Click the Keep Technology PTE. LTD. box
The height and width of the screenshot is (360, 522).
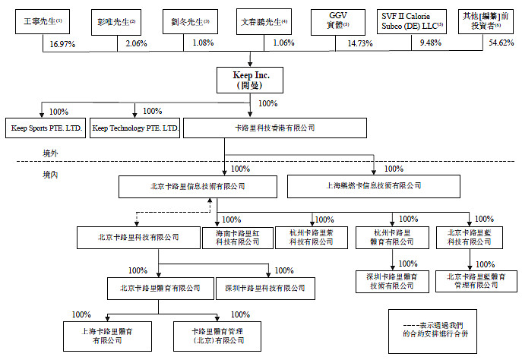135,128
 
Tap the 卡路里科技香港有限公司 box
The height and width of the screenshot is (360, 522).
275,128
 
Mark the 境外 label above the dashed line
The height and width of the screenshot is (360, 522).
52,153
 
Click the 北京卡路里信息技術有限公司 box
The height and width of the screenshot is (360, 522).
187,186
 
